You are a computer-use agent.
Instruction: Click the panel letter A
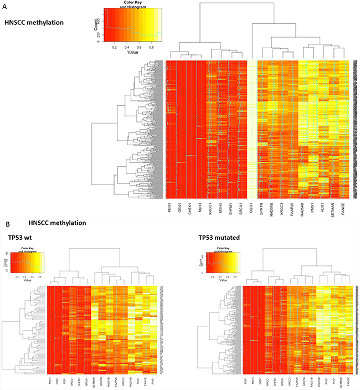click(4, 4)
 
